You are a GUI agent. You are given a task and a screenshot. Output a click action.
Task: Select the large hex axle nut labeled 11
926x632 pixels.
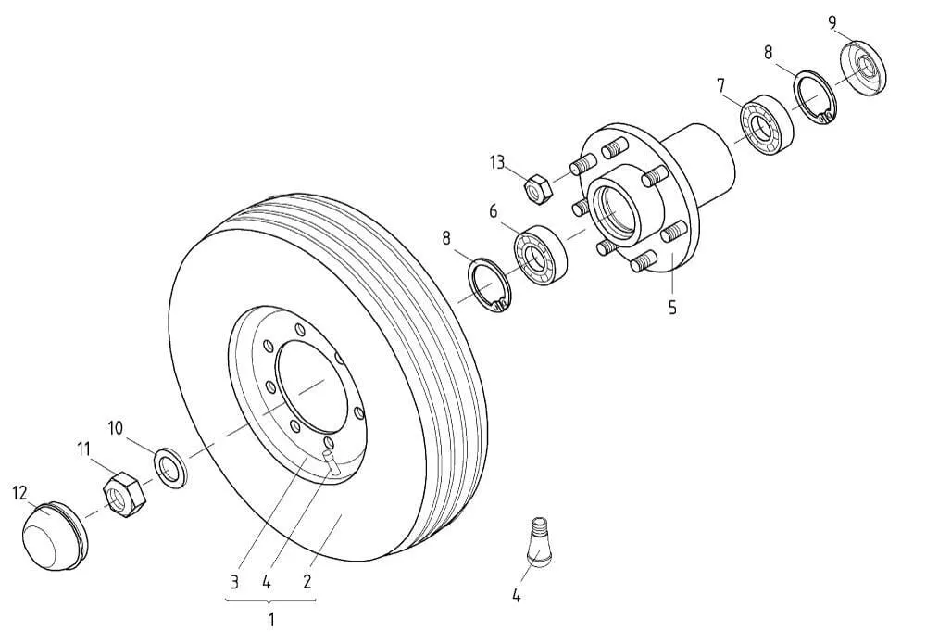click(123, 494)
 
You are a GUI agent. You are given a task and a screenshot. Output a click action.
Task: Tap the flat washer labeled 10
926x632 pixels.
click(170, 466)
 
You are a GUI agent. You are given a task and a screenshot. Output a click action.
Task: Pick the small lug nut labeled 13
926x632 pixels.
click(538, 188)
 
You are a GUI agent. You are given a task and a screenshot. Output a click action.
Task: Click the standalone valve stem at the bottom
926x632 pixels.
click(540, 541)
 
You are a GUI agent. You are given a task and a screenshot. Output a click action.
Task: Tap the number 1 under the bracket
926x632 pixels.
click(270, 617)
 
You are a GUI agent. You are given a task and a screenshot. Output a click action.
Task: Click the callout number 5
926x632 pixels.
click(672, 308)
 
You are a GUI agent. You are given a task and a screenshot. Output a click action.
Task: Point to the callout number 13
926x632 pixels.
click(497, 164)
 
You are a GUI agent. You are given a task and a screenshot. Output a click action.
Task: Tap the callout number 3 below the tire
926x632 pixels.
click(235, 583)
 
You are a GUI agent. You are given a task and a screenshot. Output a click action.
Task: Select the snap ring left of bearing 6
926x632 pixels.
click(488, 284)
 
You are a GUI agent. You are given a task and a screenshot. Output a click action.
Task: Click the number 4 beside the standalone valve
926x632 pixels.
click(517, 596)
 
